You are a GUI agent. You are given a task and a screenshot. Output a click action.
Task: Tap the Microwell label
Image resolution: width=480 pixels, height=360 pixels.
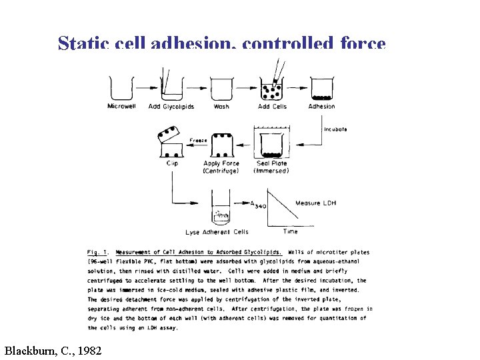click(x=121, y=106)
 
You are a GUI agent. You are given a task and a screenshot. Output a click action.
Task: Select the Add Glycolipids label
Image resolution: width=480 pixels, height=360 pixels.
click(x=172, y=106)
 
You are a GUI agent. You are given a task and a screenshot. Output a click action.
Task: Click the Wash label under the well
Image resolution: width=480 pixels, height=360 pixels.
click(x=221, y=106)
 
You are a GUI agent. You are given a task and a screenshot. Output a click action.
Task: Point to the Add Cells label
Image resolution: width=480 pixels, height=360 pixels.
click(x=272, y=106)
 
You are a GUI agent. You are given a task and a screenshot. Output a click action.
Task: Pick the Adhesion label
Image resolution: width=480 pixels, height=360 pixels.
click(x=322, y=106)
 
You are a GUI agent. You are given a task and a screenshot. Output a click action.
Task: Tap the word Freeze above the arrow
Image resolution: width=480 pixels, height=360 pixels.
click(x=199, y=141)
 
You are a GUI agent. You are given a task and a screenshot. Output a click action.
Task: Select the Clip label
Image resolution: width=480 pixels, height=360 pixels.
click(x=172, y=163)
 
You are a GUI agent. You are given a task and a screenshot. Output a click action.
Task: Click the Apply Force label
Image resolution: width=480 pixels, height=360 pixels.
click(x=221, y=163)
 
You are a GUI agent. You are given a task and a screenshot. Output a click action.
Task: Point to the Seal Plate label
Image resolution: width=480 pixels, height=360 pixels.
click(x=272, y=163)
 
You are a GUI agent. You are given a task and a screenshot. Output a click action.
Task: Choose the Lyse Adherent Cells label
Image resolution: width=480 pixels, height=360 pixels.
click(x=217, y=232)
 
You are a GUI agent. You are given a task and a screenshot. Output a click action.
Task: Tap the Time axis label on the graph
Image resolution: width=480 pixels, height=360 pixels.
click(x=291, y=231)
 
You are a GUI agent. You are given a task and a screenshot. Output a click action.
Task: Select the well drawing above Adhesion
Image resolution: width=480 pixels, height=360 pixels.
click(x=322, y=89)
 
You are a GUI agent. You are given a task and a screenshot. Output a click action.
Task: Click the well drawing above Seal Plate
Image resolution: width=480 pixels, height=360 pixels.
click(x=272, y=145)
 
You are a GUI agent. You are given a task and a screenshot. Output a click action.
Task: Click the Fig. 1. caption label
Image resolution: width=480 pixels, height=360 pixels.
click(x=99, y=252)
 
